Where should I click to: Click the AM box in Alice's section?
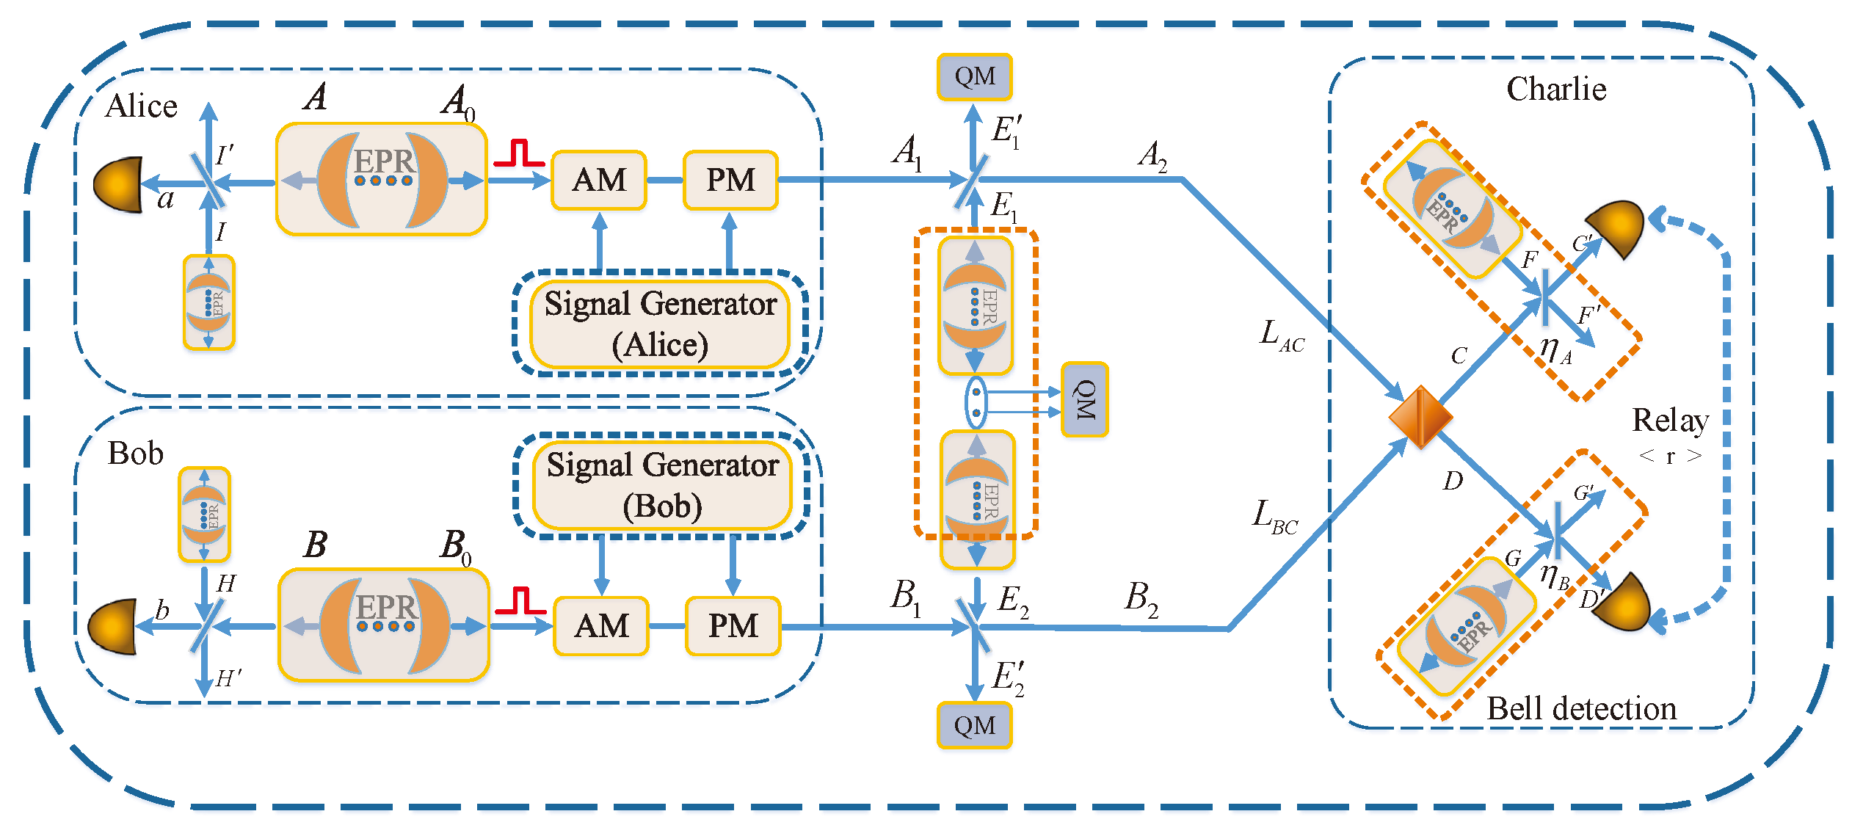click(x=598, y=181)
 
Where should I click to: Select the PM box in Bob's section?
click(x=733, y=626)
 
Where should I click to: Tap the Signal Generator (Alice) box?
click(x=660, y=324)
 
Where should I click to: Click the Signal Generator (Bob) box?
click(x=662, y=485)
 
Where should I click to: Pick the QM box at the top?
click(x=974, y=76)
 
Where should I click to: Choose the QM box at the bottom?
click(x=974, y=725)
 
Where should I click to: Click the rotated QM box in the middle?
click(x=1084, y=400)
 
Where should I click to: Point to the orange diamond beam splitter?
click(x=1420, y=417)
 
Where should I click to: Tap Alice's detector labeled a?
click(x=120, y=184)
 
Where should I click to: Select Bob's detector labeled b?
click(x=114, y=627)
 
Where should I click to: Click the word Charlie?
click(x=1556, y=90)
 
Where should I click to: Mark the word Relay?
click(x=1670, y=421)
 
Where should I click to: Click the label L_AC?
click(x=1281, y=336)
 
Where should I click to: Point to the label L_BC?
click(x=1274, y=517)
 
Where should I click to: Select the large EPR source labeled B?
click(x=384, y=625)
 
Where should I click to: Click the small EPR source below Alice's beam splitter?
click(x=208, y=302)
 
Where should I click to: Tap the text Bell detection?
click(x=1581, y=709)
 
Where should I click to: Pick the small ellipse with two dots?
click(x=976, y=402)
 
